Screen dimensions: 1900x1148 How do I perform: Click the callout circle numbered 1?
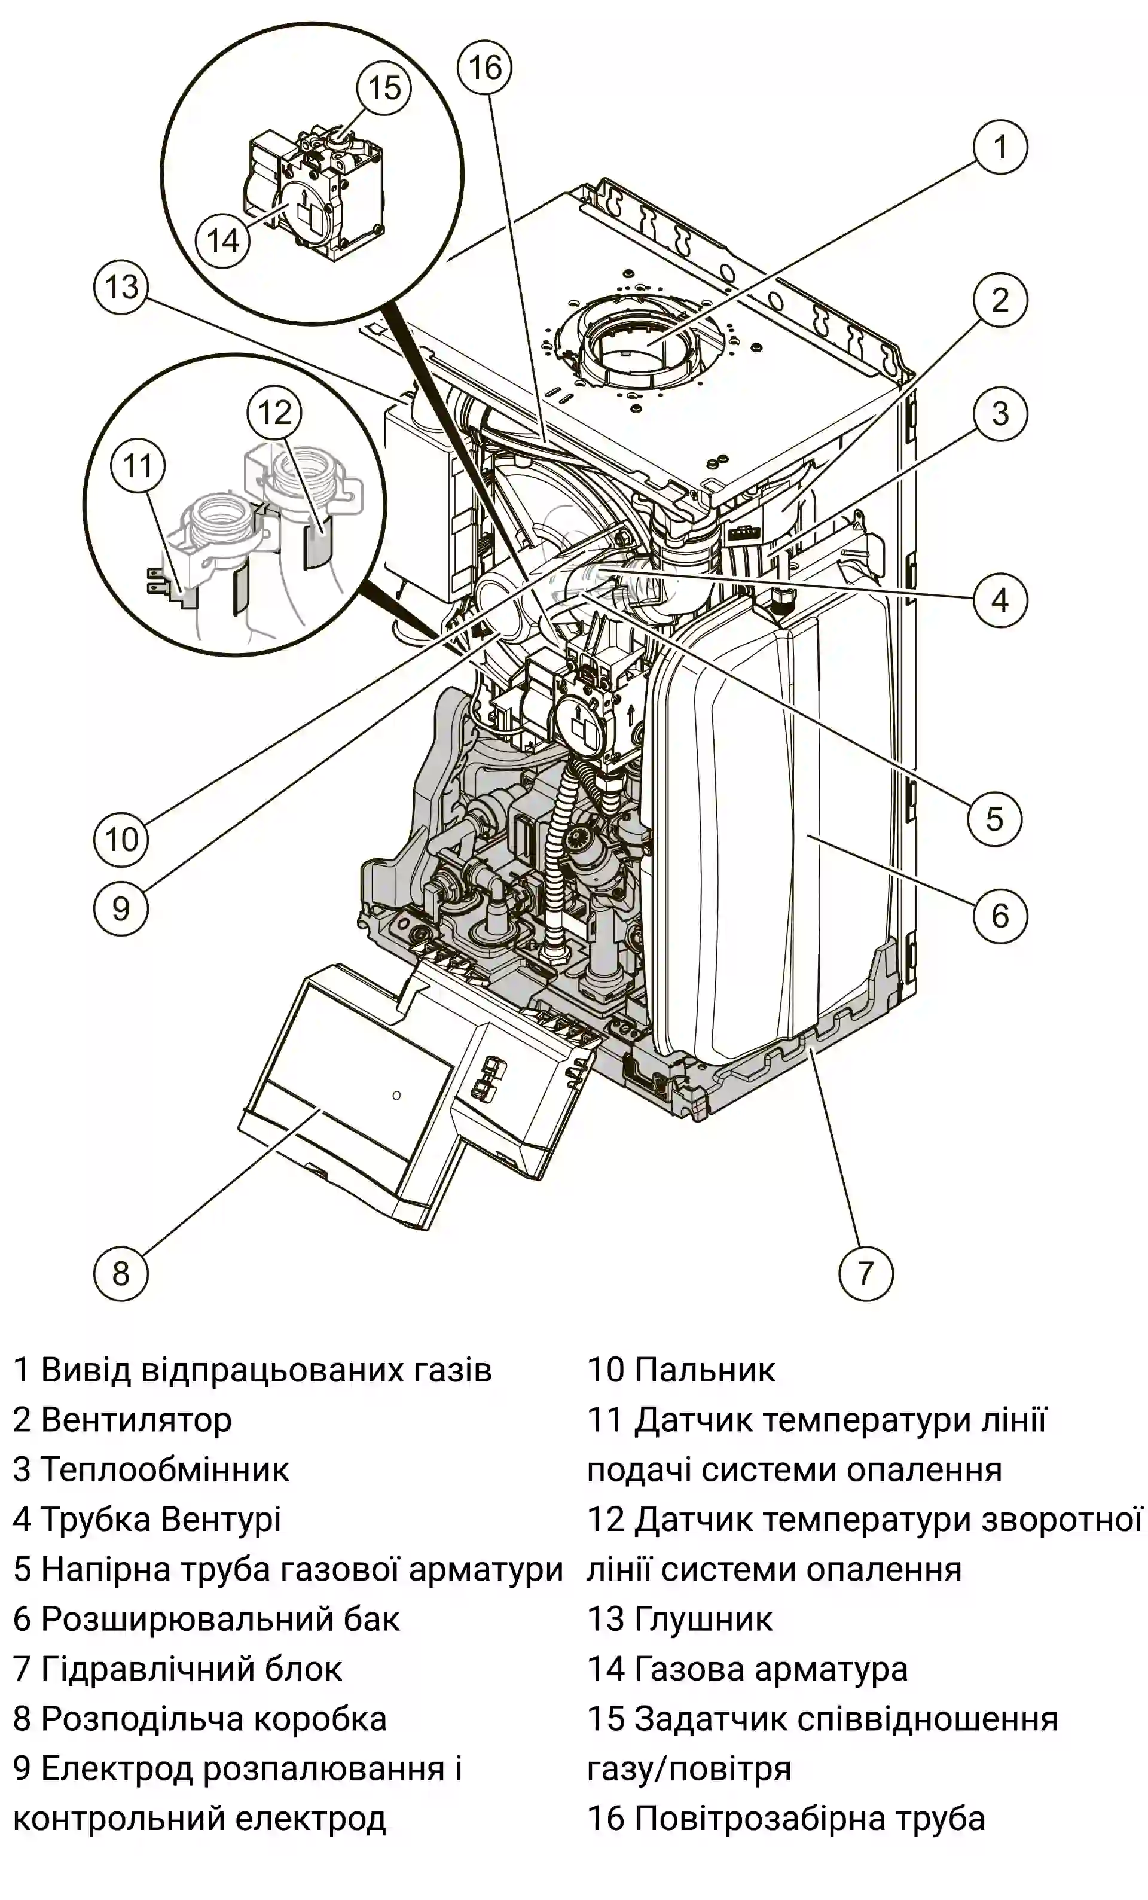pyautogui.click(x=1000, y=147)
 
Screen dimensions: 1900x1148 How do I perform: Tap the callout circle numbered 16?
pyautogui.click(x=485, y=68)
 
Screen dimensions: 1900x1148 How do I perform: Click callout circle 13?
pyautogui.click(x=121, y=288)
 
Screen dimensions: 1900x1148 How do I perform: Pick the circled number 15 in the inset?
pyautogui.click(x=384, y=87)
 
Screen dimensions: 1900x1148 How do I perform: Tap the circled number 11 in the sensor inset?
pyautogui.click(x=138, y=466)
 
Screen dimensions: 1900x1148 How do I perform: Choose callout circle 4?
pyautogui.click(x=1000, y=599)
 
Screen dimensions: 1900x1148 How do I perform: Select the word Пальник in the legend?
pyautogui.click(x=705, y=1370)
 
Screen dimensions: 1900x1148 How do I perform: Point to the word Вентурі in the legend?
pyautogui.click(x=221, y=1519)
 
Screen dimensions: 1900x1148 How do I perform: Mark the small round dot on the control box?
pyautogui.click(x=396, y=1095)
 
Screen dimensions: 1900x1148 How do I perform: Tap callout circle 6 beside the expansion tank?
pyautogui.click(x=1000, y=915)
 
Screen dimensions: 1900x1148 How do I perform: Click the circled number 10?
pyautogui.click(x=121, y=839)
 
